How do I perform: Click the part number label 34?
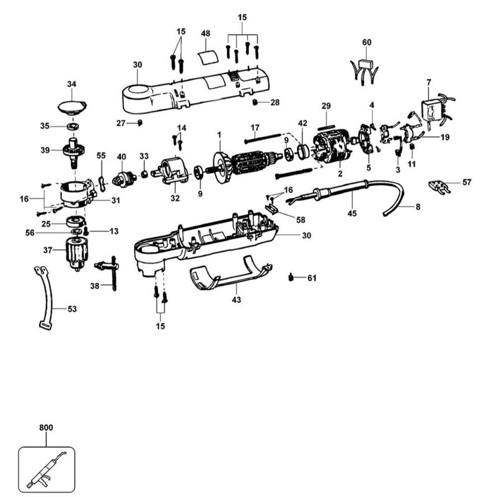point(72,84)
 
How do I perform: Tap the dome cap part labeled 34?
point(72,106)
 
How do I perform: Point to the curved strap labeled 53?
point(47,298)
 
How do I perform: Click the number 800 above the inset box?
point(46,427)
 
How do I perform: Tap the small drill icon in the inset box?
point(46,469)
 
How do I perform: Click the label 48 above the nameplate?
point(206,33)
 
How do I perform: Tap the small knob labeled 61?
point(290,277)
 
